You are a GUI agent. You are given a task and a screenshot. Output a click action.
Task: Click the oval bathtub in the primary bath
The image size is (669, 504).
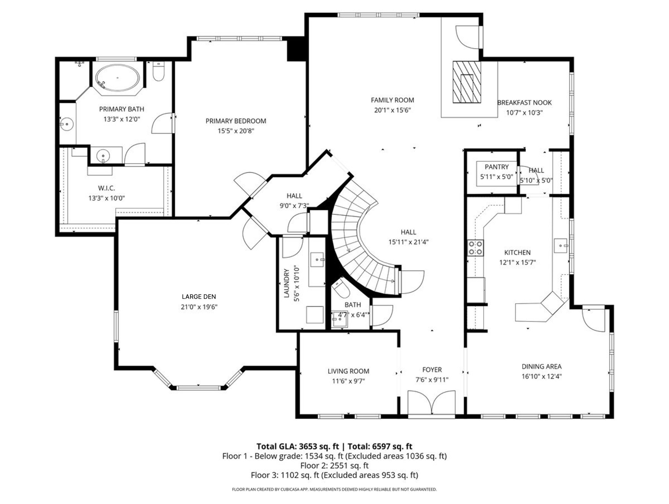[117, 78]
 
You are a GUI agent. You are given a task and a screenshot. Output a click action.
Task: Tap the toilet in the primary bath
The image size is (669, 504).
[158, 72]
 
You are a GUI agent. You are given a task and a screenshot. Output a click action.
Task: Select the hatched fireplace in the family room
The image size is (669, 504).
[466, 82]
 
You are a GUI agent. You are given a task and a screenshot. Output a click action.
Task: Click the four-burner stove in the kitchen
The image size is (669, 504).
[475, 248]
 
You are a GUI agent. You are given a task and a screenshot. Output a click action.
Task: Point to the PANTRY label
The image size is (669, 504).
[496, 167]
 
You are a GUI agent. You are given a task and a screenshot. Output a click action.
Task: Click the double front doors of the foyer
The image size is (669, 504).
[431, 403]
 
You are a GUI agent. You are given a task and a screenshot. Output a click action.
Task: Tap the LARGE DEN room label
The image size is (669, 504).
[199, 297]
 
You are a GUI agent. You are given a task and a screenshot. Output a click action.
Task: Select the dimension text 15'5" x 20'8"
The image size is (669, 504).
[236, 131]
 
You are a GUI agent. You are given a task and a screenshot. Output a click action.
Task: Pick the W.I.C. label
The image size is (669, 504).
[106, 188]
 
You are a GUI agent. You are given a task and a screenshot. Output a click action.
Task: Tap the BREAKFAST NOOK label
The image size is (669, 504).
[524, 103]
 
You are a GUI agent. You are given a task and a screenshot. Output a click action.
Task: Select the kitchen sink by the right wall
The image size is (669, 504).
[561, 245]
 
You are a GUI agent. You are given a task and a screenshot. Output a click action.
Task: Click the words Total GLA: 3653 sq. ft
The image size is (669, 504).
[298, 446]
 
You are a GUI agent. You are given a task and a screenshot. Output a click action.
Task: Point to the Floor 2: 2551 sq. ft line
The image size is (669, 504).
[334, 465]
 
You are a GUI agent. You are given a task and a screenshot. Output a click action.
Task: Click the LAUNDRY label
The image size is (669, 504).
[286, 283]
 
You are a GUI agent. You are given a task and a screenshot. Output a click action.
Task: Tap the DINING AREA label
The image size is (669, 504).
[541, 367]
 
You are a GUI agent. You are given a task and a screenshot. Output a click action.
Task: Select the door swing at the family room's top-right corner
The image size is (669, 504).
[468, 37]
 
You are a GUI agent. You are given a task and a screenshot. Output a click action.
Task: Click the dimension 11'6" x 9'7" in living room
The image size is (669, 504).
[348, 381]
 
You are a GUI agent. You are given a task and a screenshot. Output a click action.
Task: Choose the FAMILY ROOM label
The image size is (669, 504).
[392, 100]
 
